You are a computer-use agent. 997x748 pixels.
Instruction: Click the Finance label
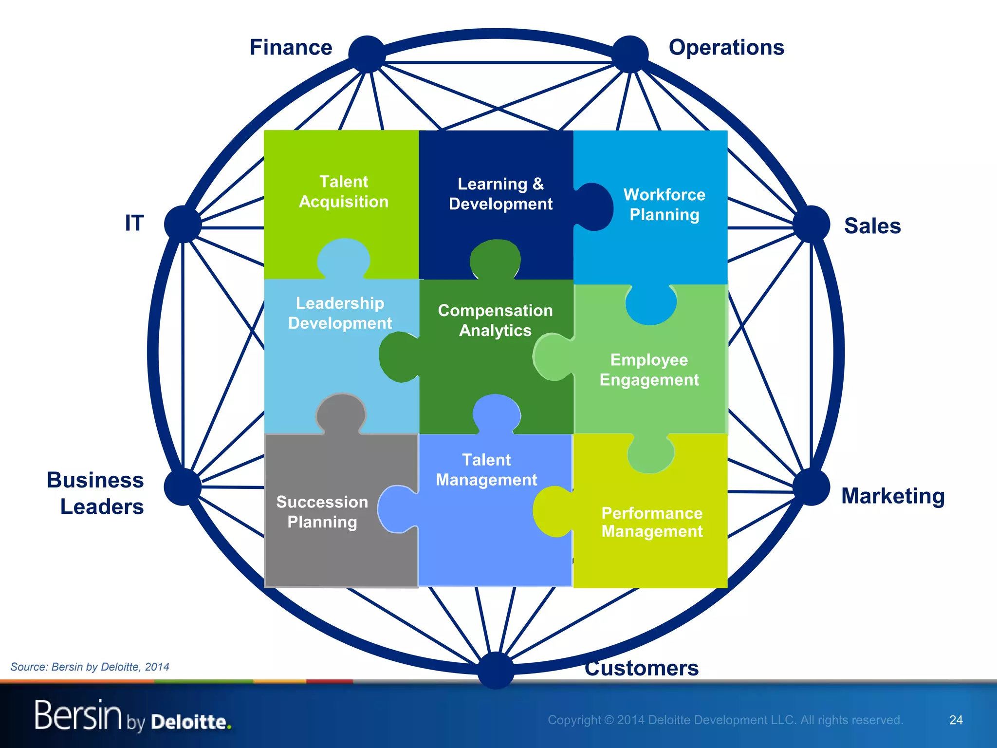click(x=291, y=48)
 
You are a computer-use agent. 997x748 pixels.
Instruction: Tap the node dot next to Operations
click(x=630, y=54)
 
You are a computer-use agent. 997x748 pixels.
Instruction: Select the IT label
click(x=134, y=223)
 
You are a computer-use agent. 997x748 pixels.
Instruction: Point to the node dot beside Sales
click(x=811, y=224)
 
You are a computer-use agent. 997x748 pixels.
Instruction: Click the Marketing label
click(x=893, y=496)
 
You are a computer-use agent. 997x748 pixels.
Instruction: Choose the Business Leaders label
click(x=95, y=493)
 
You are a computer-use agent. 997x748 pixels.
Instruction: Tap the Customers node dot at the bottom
click(x=496, y=670)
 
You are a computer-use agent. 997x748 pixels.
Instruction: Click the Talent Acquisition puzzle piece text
click(x=344, y=191)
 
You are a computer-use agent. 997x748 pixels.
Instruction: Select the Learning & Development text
click(x=500, y=194)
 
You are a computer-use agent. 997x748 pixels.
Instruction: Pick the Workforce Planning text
click(x=664, y=205)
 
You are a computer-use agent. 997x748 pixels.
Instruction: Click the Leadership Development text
click(x=340, y=313)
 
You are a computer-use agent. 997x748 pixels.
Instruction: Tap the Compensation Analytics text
click(x=495, y=320)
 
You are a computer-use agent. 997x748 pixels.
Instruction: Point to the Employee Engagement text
click(x=649, y=370)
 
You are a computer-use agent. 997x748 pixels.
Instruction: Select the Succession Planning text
click(x=322, y=512)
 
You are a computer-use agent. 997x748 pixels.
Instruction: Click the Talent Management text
click(x=486, y=470)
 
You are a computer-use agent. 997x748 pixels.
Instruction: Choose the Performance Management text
click(x=652, y=522)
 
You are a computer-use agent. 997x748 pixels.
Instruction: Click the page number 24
click(x=956, y=720)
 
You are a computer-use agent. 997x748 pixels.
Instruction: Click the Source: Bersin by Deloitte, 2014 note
click(x=90, y=667)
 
